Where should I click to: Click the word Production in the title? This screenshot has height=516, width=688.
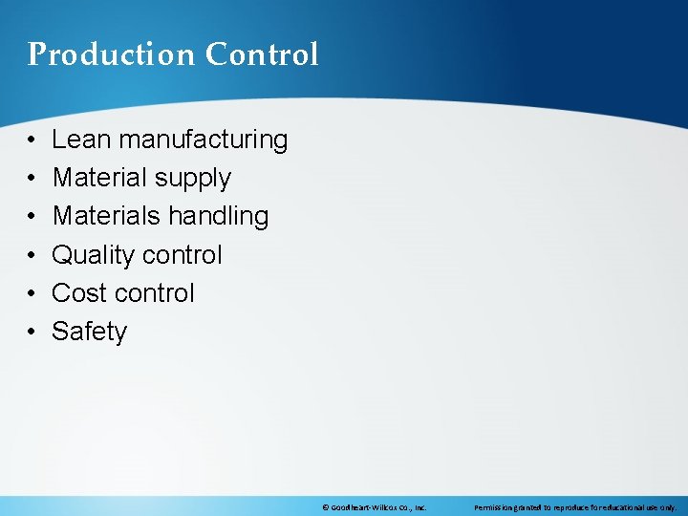pos(97,54)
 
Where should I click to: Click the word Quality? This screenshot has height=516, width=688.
pos(93,255)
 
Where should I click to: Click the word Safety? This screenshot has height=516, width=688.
pos(89,332)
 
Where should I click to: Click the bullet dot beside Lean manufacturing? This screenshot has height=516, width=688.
pos(32,140)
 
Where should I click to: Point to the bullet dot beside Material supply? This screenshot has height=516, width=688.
pos(32,179)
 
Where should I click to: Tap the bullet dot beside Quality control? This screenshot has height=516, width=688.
pos(32,255)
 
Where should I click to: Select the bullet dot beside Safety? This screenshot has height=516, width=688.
pos(32,332)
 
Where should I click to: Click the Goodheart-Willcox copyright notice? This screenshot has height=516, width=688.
pos(374,507)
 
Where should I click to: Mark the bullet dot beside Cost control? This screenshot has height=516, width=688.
pos(32,293)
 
